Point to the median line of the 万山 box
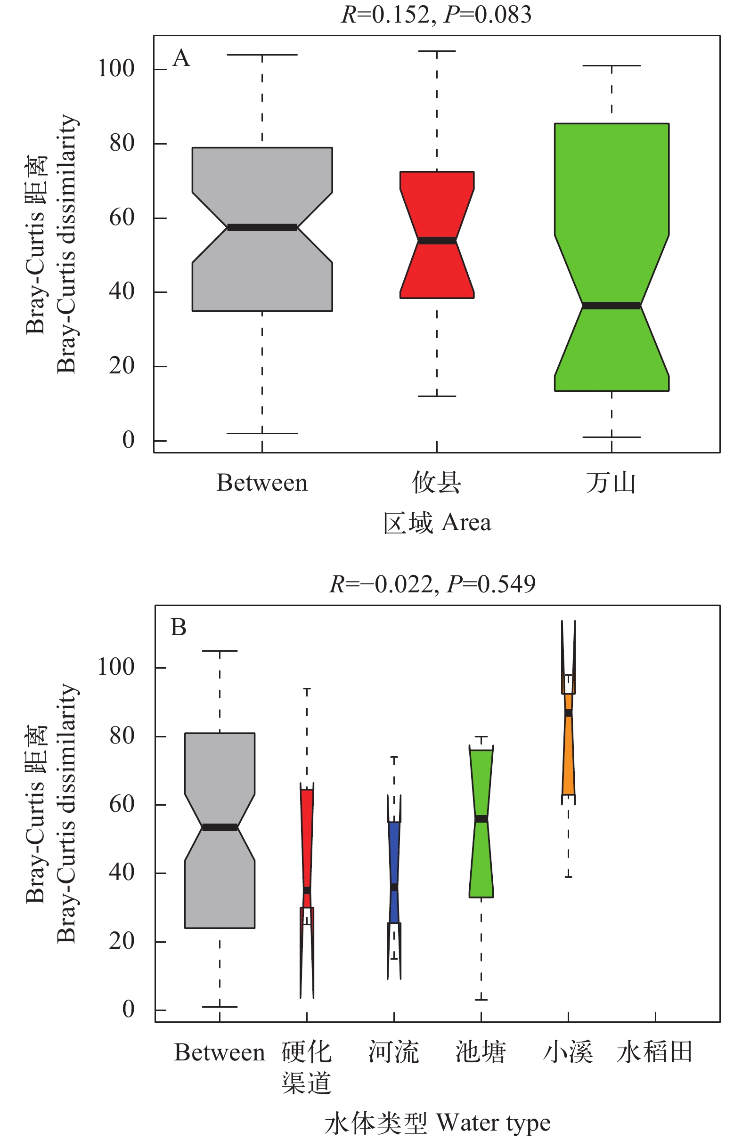coord(611,306)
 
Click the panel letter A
coord(181,58)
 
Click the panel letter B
coord(178,628)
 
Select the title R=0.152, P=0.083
coord(436,15)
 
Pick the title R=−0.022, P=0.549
coord(432,584)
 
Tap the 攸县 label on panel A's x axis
coord(436,482)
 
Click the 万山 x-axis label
coord(611,482)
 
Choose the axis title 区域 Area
coord(437,523)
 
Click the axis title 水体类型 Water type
coord(437,1123)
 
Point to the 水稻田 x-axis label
coord(655,1052)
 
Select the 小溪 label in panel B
coord(568,1052)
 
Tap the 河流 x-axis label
coord(393,1052)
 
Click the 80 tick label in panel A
coord(122,143)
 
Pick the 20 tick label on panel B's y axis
coord(122,941)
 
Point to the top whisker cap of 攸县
coord(437,51)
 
